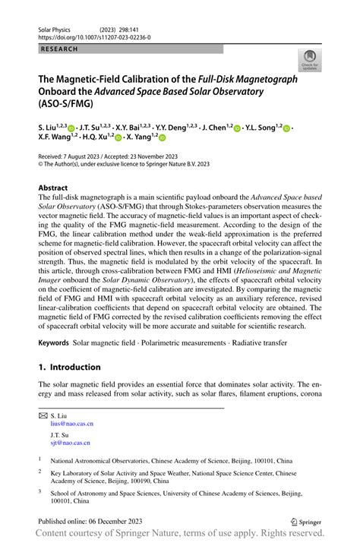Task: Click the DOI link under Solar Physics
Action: pos(94,36)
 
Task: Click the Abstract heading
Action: pos(56,186)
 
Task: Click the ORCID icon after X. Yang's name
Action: pos(162,137)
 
